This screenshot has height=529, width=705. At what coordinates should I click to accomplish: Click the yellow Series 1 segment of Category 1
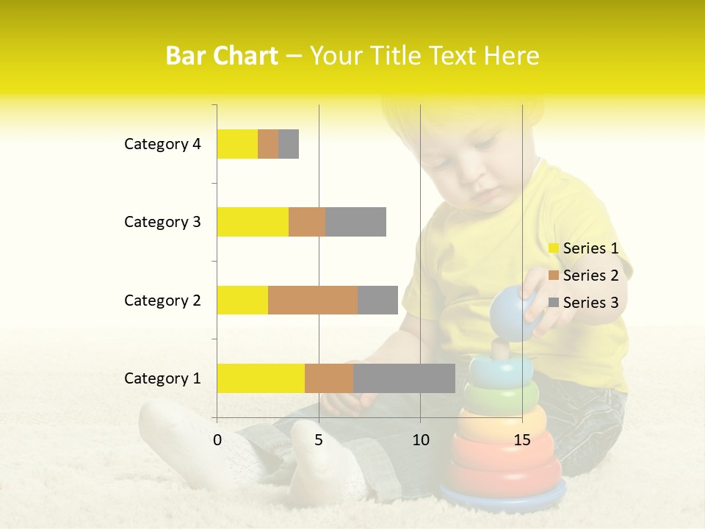[x=261, y=378]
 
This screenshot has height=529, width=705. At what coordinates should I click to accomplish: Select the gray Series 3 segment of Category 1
[x=404, y=378]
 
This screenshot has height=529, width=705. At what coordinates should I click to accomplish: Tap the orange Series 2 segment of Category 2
[x=313, y=300]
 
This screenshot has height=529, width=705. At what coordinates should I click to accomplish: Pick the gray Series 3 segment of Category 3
[x=355, y=222]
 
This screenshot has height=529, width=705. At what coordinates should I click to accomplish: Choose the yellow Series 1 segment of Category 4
[x=237, y=144]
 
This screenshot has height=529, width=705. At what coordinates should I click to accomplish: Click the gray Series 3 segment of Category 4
[x=289, y=144]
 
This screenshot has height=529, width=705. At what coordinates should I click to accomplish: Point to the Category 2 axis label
[x=162, y=300]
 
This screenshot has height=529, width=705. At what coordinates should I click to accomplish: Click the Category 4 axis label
[x=162, y=144]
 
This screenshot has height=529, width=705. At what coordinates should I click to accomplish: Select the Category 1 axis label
[x=162, y=378]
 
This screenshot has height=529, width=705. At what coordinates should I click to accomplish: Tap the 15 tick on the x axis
[x=522, y=440]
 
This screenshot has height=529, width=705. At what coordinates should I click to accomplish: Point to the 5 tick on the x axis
[x=319, y=440]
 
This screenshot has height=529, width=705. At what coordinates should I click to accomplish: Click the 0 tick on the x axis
[x=217, y=440]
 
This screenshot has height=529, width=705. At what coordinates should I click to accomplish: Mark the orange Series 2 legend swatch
[x=554, y=276]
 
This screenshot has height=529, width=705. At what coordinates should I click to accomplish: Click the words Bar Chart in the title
[x=222, y=56]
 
